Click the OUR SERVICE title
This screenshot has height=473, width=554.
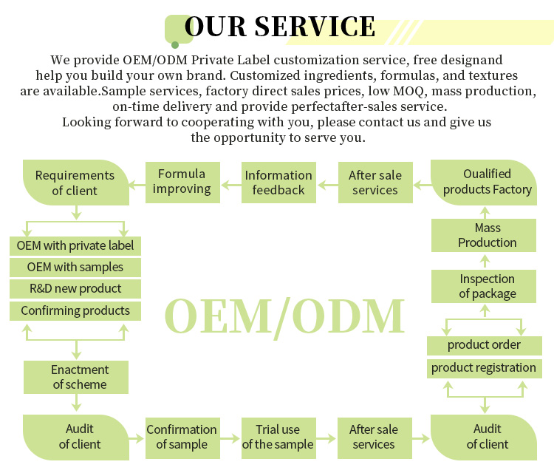pos(279,27)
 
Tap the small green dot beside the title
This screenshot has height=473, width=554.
pos(175,44)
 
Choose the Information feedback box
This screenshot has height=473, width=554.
pos(278,183)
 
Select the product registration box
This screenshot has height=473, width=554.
pos(484,368)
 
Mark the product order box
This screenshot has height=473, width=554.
pos(484,345)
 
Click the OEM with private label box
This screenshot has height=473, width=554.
pos(75,245)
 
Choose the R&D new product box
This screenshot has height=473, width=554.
pos(75,288)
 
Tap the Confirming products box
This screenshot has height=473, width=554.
pos(75,310)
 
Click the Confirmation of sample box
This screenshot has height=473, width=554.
pos(182,437)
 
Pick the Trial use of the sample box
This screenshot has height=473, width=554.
pos(278,437)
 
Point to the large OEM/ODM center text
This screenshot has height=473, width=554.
pos(284,316)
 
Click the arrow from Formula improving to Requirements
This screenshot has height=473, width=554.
pos(137,183)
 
